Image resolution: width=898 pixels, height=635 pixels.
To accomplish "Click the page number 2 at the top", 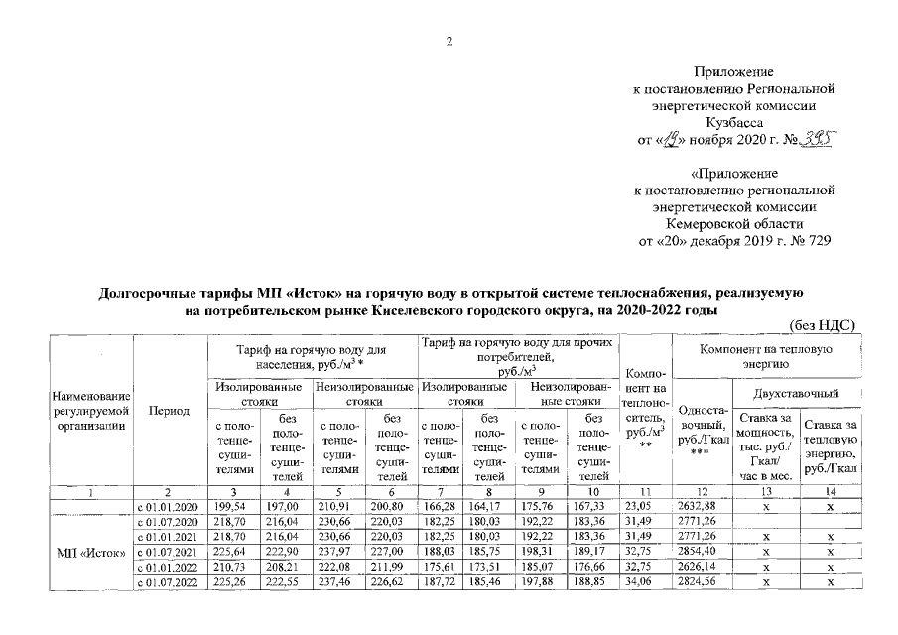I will [x=449, y=41].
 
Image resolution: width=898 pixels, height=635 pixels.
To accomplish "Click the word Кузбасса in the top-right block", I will [x=733, y=121].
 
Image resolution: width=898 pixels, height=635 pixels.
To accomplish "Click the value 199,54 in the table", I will [x=230, y=508].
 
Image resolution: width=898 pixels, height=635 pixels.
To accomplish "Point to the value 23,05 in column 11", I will [x=645, y=508].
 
